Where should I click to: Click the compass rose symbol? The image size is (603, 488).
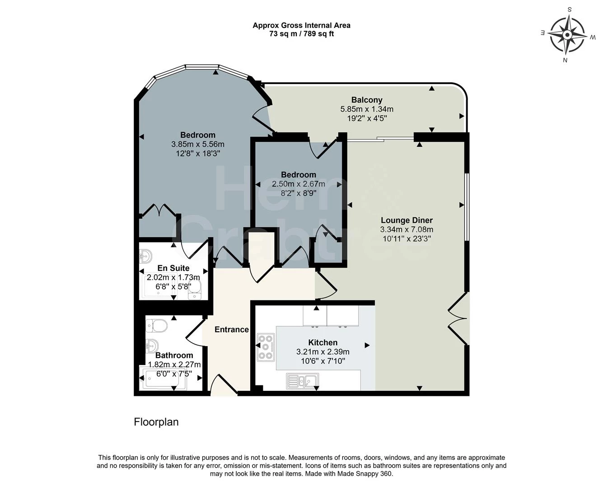coord(567,35)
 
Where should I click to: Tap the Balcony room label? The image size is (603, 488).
coord(367,100)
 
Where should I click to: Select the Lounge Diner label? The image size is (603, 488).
coord(407,220)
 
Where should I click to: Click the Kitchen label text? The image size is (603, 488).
coord(323,343)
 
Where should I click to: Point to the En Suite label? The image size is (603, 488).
coord(173,268)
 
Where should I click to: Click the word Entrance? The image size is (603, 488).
coord(232,329)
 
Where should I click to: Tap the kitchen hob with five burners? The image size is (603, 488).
coord(266,347)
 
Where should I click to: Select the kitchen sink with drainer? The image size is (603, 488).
coord(302,380)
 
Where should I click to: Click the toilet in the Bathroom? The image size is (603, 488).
coord(156,325)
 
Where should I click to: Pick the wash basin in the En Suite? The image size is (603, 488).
coord(146,256)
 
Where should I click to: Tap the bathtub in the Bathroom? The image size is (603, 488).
coord(163,378)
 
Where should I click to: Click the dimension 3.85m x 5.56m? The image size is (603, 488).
coord(197,144)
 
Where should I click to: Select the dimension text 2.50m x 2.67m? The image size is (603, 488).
coord(299,184)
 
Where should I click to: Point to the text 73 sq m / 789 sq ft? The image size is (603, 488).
coord(302,34)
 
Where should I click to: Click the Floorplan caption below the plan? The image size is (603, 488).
coord(156,422)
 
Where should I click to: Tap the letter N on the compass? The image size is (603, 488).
coord(565,60)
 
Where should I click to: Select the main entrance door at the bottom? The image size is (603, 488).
coord(224,385)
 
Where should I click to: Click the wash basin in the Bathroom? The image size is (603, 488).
coord(152,346)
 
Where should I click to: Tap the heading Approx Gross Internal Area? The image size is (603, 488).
coord(302,25)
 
